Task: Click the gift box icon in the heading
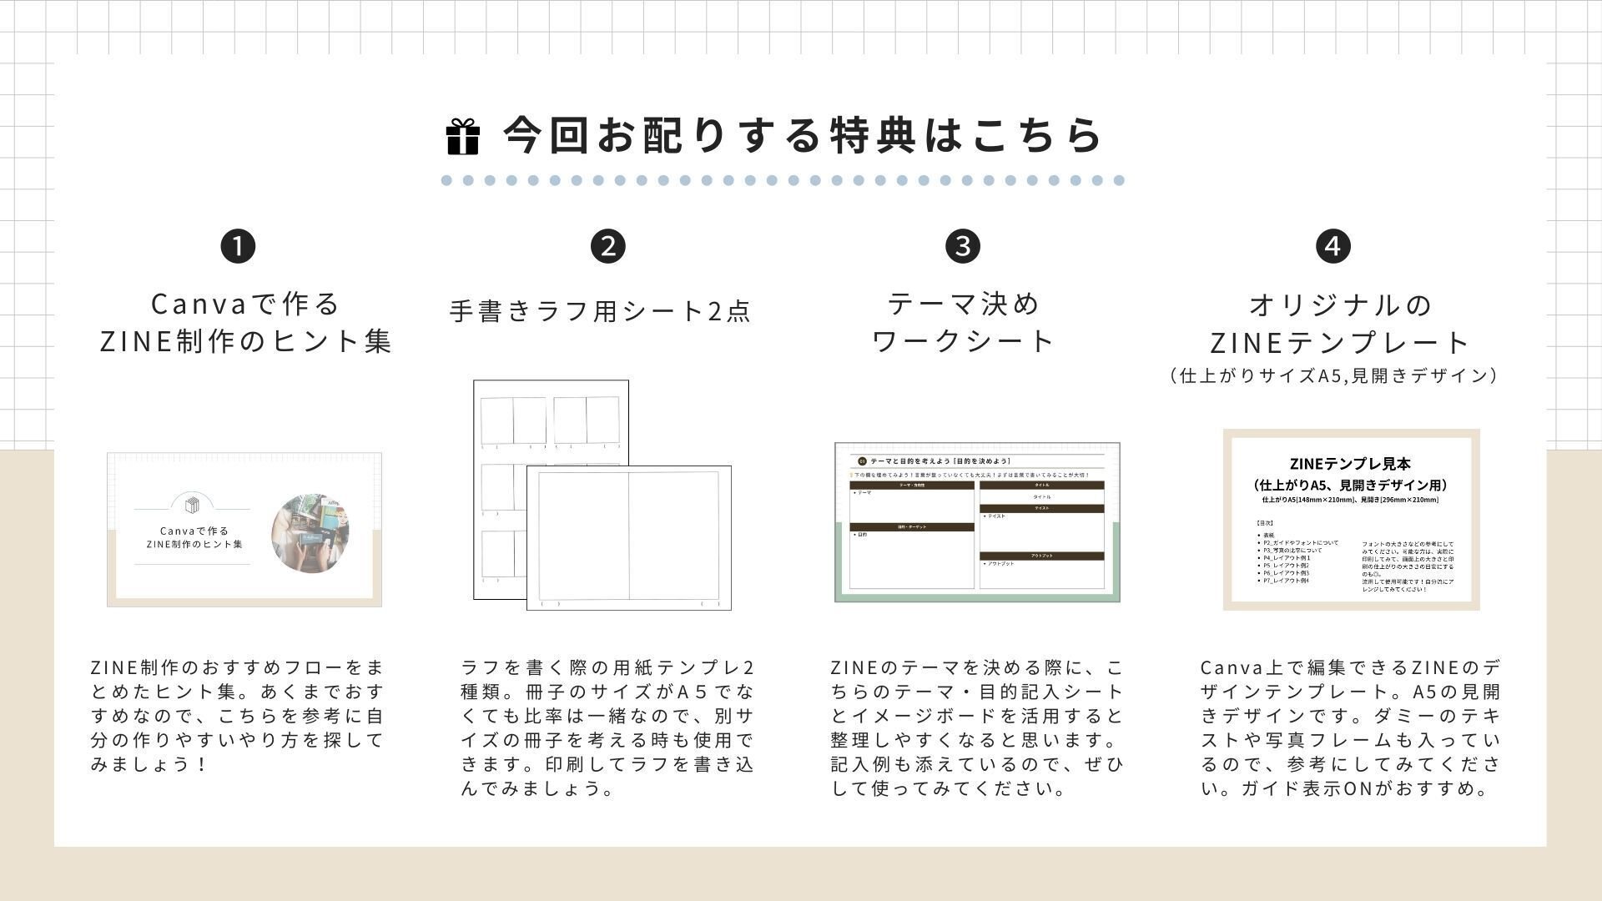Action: pyautogui.click(x=463, y=137)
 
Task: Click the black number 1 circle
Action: pyautogui.click(x=238, y=246)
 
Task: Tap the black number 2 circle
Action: pyautogui.click(x=607, y=246)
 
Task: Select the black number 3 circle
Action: pyautogui.click(x=963, y=246)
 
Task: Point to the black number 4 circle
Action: pyautogui.click(x=1332, y=246)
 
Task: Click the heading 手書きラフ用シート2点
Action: pyautogui.click(x=601, y=311)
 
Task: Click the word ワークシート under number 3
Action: pyautogui.click(x=964, y=341)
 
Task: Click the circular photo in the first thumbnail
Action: pyautogui.click(x=310, y=533)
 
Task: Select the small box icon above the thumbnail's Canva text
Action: pyautogui.click(x=193, y=505)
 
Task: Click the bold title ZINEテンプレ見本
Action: pyautogui.click(x=1349, y=464)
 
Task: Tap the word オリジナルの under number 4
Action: pyautogui.click(x=1341, y=305)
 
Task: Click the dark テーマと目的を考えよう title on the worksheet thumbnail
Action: pyautogui.click(x=939, y=461)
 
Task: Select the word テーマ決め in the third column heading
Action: pyautogui.click(x=964, y=304)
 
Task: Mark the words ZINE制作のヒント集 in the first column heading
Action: pyautogui.click(x=246, y=341)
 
